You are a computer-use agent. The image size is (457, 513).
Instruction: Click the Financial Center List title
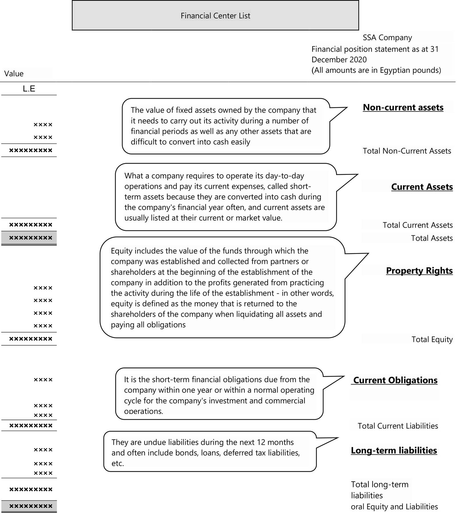pos(215,16)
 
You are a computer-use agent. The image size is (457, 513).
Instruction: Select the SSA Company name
pos(387,38)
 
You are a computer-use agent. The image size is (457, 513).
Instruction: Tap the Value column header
pos(14,74)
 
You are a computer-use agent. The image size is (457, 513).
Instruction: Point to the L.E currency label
pos(29,89)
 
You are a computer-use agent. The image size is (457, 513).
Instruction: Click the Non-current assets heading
pos(403,107)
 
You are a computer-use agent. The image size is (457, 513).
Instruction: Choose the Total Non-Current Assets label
pos(407,151)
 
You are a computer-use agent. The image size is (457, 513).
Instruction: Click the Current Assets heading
pos(422,187)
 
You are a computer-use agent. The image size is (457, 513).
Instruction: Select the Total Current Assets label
pos(417,225)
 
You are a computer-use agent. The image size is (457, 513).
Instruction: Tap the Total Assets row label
pos(432,238)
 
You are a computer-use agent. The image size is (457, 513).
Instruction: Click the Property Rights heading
pos(419,270)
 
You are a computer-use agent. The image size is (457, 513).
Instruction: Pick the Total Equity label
pos(432,339)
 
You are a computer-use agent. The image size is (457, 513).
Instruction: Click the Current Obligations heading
pos(395,380)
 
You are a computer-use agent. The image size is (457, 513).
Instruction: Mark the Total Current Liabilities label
pos(398,426)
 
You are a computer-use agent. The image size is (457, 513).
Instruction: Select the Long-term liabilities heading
pos(394,450)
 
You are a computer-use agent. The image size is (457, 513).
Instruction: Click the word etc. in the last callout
pos(118,464)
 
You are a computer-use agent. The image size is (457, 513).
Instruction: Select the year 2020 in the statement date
pos(358,60)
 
